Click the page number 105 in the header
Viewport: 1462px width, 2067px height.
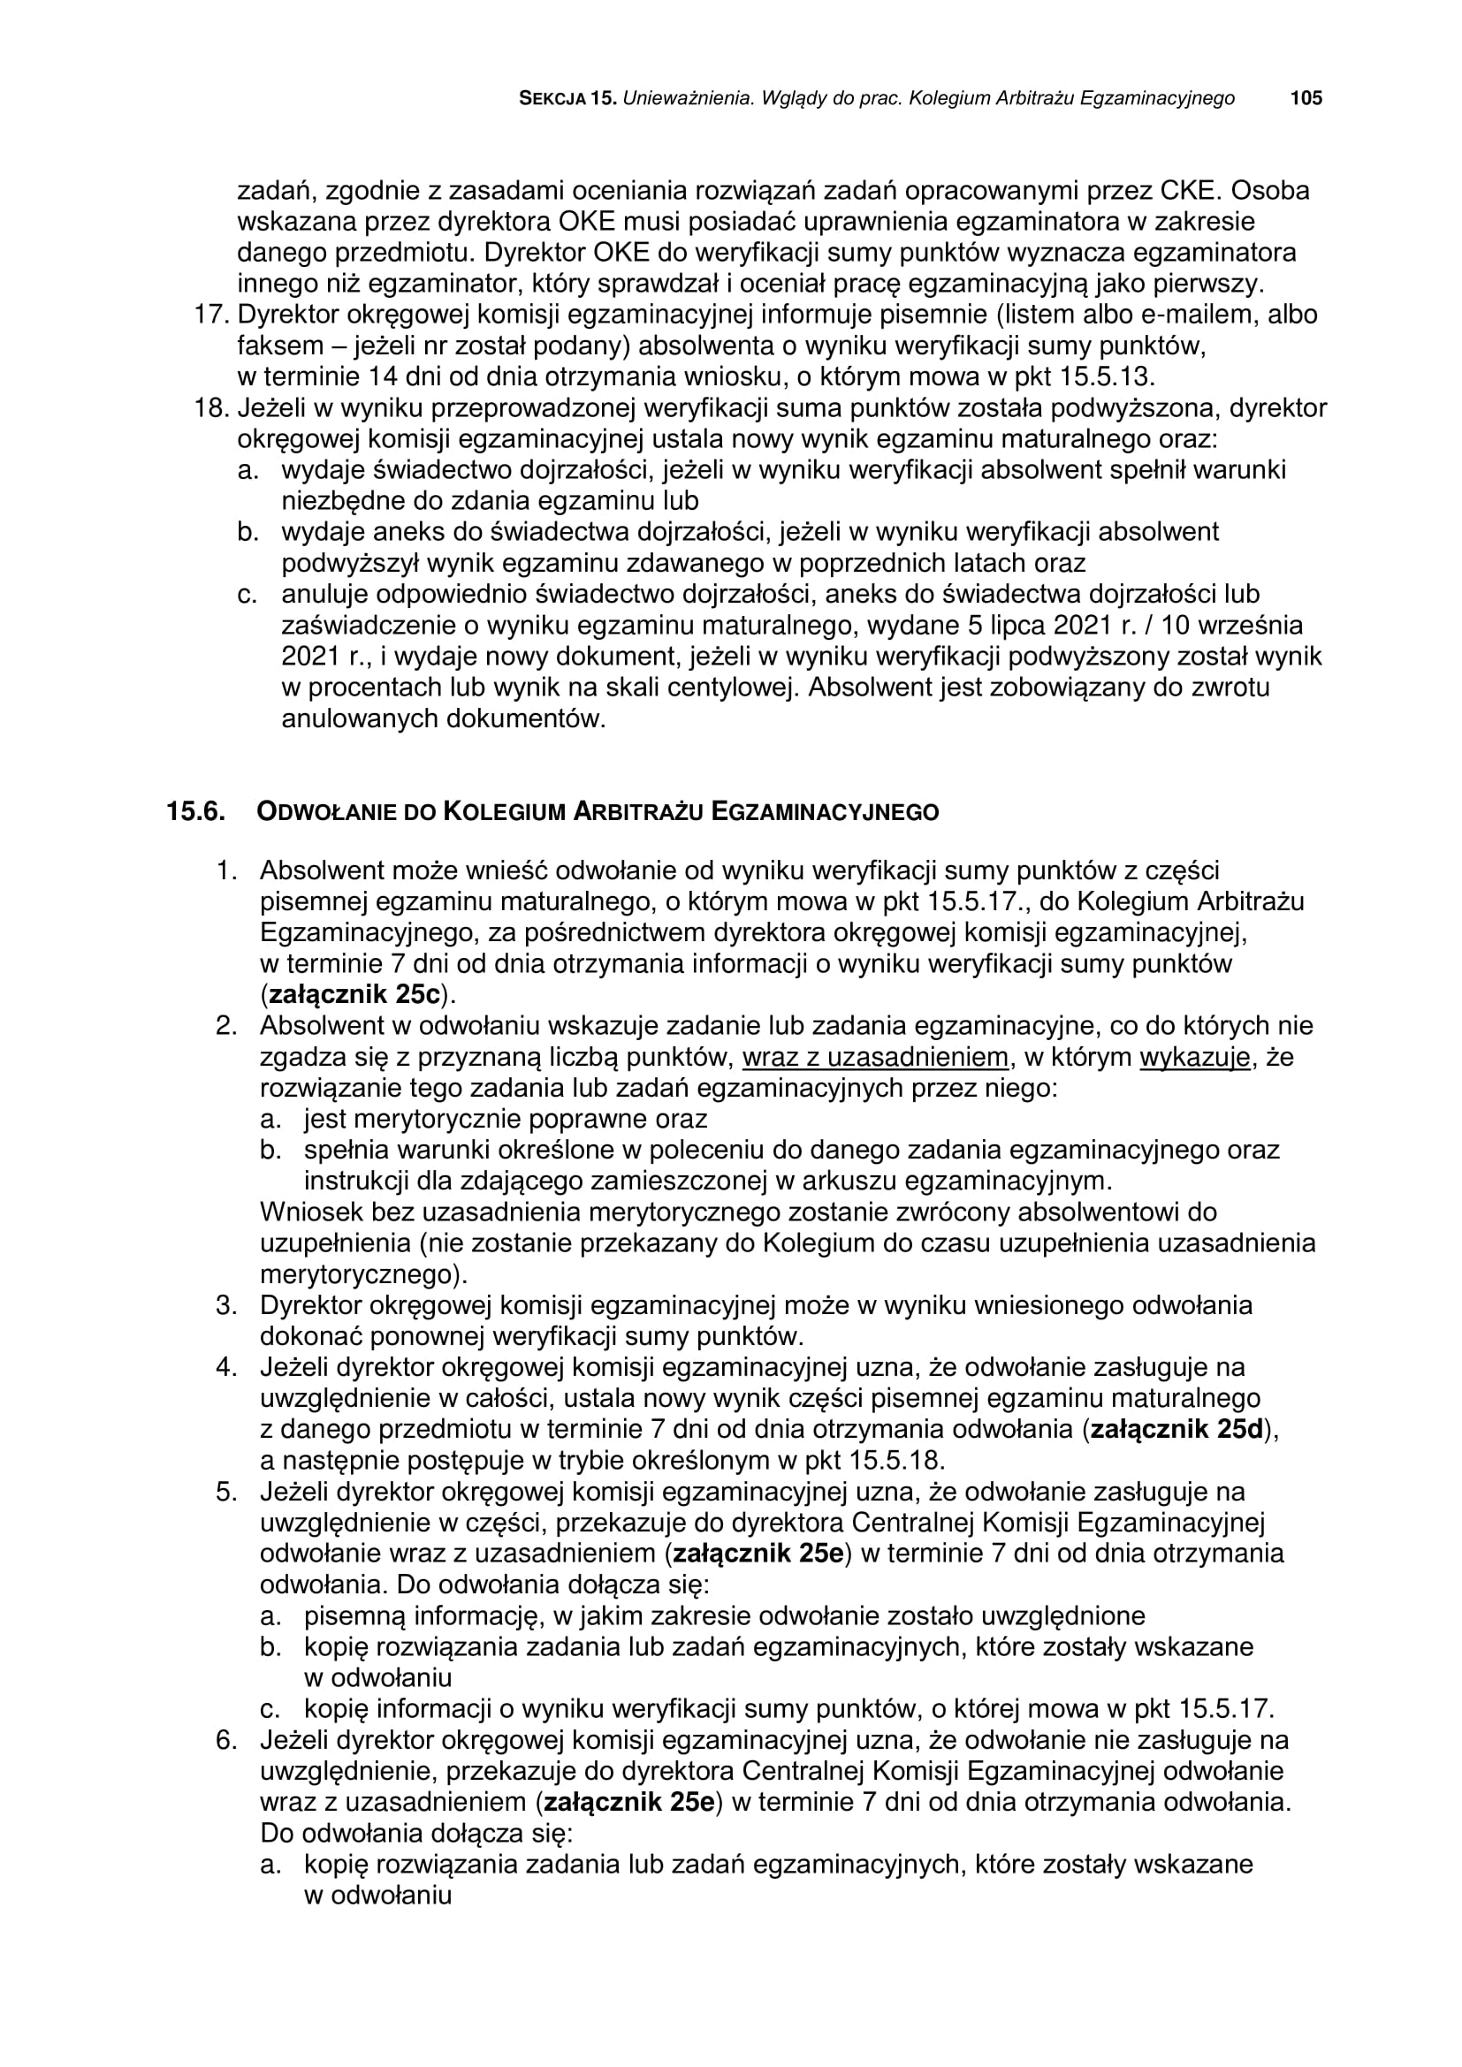pyautogui.click(x=1306, y=98)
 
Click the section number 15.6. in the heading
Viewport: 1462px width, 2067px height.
pyautogui.click(x=194, y=811)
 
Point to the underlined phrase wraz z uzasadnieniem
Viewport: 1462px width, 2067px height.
pyautogui.click(x=875, y=1056)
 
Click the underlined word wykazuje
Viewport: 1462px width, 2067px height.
pyautogui.click(x=1195, y=1056)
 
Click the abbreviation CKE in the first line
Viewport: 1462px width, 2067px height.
pyautogui.click(x=1186, y=191)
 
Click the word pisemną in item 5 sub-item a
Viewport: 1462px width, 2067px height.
pyautogui.click(x=354, y=1615)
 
